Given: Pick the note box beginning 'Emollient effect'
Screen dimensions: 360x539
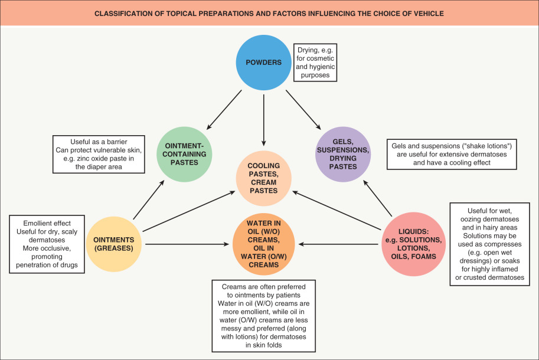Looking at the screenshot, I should click(x=47, y=243).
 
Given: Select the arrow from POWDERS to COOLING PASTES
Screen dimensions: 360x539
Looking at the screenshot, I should click(x=264, y=118).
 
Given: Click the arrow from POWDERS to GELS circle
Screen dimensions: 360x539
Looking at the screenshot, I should click(x=303, y=110).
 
